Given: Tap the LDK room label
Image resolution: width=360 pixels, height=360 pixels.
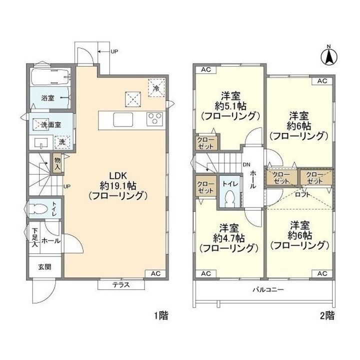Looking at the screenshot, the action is point(118,176).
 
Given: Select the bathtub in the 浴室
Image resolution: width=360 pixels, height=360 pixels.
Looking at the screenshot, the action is point(50,76).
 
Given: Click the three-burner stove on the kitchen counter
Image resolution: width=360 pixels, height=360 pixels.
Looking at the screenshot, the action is point(155,118).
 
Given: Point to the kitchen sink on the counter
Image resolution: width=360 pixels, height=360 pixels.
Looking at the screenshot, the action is point(123,119).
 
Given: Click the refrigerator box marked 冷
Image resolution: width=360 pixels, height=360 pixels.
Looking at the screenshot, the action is point(156,88).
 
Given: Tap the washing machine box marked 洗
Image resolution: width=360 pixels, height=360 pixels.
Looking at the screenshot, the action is point(62,142).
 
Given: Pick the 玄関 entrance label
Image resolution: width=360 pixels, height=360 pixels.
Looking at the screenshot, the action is point(44,267).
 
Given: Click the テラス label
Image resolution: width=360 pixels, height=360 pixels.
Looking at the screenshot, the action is point(121,285).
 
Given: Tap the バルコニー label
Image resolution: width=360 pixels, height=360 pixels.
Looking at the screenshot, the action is point(268,289).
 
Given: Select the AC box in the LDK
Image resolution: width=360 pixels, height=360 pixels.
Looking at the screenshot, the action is point(155,273).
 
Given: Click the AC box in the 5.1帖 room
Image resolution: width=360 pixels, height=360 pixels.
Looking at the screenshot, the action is point(206,70).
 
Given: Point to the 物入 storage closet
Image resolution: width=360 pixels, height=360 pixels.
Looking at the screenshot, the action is point(57,163).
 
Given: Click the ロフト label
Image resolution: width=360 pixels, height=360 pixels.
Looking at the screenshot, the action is point(302,194).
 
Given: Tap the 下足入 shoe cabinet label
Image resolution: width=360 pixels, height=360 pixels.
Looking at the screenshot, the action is point(34,237).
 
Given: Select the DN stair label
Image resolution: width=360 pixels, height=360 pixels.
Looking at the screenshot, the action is point(246,164).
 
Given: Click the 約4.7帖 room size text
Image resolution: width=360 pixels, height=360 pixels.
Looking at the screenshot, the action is point(228,238).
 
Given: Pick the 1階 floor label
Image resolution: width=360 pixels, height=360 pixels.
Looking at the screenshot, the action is point(161,316).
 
